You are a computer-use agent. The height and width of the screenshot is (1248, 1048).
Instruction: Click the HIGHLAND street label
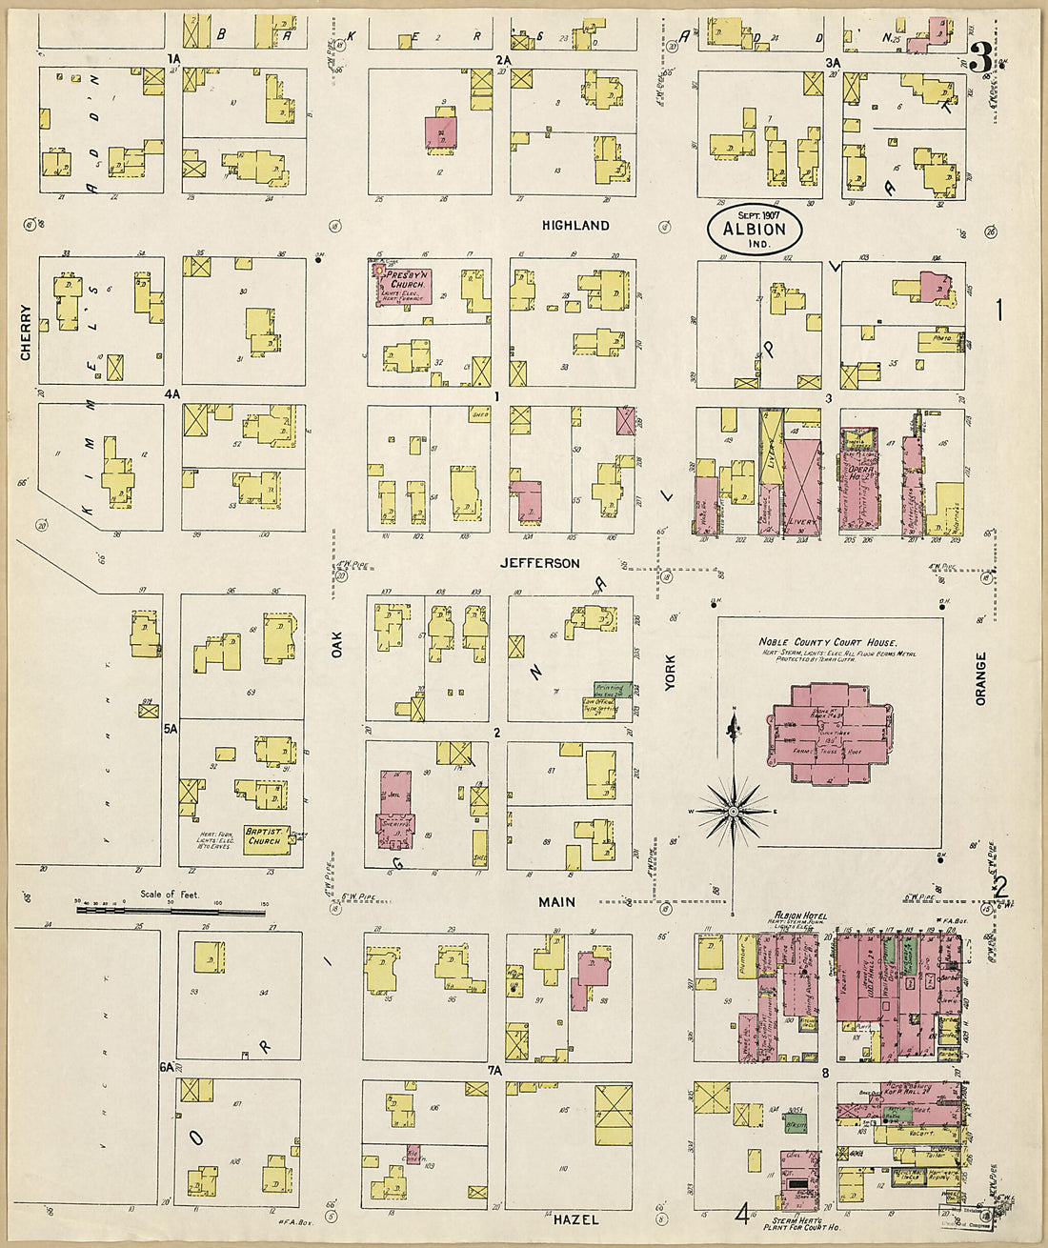point(575,226)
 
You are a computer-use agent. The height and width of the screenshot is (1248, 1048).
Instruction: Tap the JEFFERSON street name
point(540,563)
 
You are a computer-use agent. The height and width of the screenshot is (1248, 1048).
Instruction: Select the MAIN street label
point(556,901)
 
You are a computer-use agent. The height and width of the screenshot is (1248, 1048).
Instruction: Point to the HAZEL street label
point(575,1219)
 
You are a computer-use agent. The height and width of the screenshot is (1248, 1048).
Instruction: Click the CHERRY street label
point(26,332)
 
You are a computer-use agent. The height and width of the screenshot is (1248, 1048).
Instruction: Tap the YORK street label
point(670,672)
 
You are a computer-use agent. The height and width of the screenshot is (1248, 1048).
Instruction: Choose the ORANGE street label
point(980,678)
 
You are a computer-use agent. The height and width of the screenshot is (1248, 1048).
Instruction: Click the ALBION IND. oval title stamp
point(755,230)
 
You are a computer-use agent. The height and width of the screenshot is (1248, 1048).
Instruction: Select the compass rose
point(734,811)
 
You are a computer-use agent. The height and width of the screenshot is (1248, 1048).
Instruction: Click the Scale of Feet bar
point(171,911)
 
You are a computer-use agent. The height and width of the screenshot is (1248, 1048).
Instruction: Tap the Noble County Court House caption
point(828,643)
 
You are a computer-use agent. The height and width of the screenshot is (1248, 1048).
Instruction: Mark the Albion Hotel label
point(799,916)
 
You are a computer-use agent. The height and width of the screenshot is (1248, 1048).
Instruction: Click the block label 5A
point(171,729)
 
